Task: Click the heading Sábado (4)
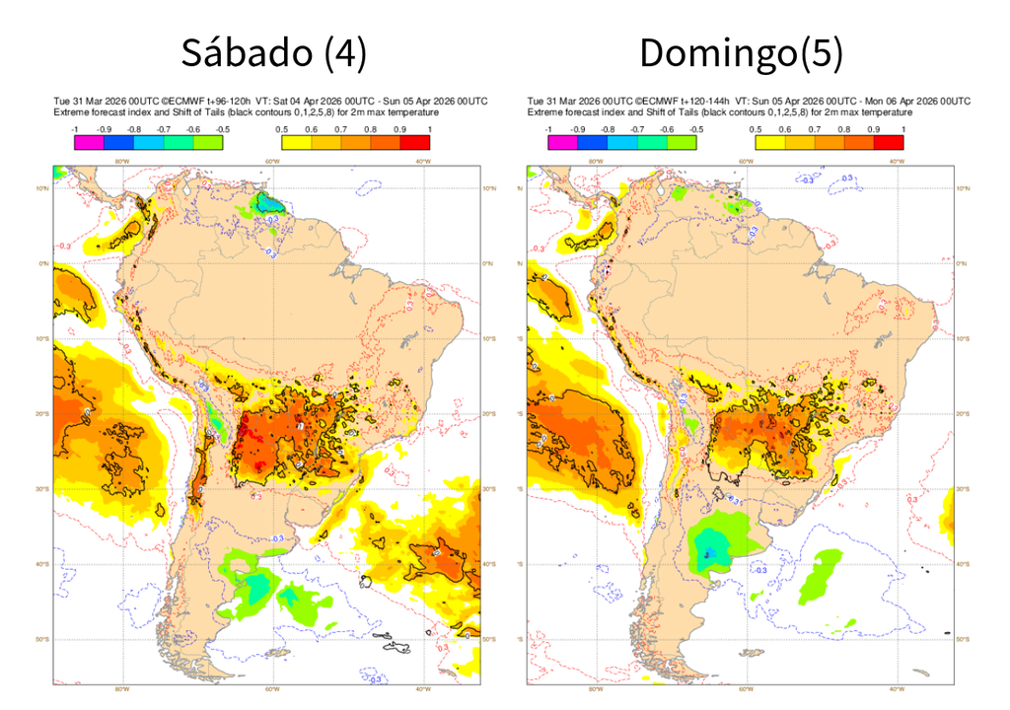tap(274, 53)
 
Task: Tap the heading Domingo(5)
tap(741, 53)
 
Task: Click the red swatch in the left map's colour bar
tap(415, 142)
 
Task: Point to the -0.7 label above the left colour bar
tap(164, 129)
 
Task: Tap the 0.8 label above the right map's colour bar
tap(844, 129)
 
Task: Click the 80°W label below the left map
tap(121, 689)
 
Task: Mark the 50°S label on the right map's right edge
tap(962, 639)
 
